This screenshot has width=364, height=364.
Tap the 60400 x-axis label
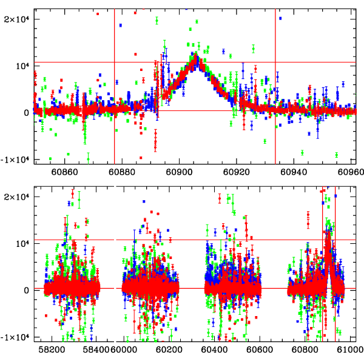pyautogui.click(x=217, y=350)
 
